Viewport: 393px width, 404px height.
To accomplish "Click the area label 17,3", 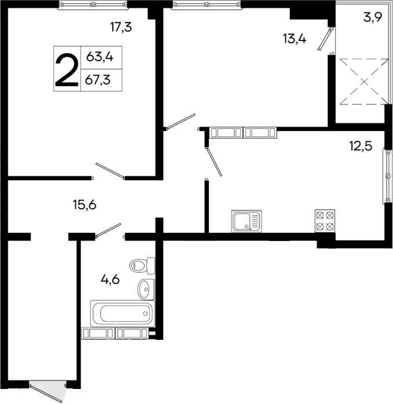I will tap(122, 26).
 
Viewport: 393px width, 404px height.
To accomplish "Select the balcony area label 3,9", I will tap(372, 17).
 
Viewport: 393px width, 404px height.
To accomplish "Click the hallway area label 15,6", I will tap(84, 204).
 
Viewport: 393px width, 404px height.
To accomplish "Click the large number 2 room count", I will tap(67, 69).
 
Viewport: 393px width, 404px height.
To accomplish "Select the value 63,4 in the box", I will tap(100, 57).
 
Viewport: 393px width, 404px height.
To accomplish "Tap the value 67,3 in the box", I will tap(100, 80).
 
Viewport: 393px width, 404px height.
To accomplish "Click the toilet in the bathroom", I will tap(142, 265).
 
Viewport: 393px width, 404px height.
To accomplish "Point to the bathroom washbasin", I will tap(145, 287).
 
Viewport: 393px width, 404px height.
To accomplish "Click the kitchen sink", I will tap(246, 220).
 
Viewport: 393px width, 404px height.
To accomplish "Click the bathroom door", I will tap(108, 230).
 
